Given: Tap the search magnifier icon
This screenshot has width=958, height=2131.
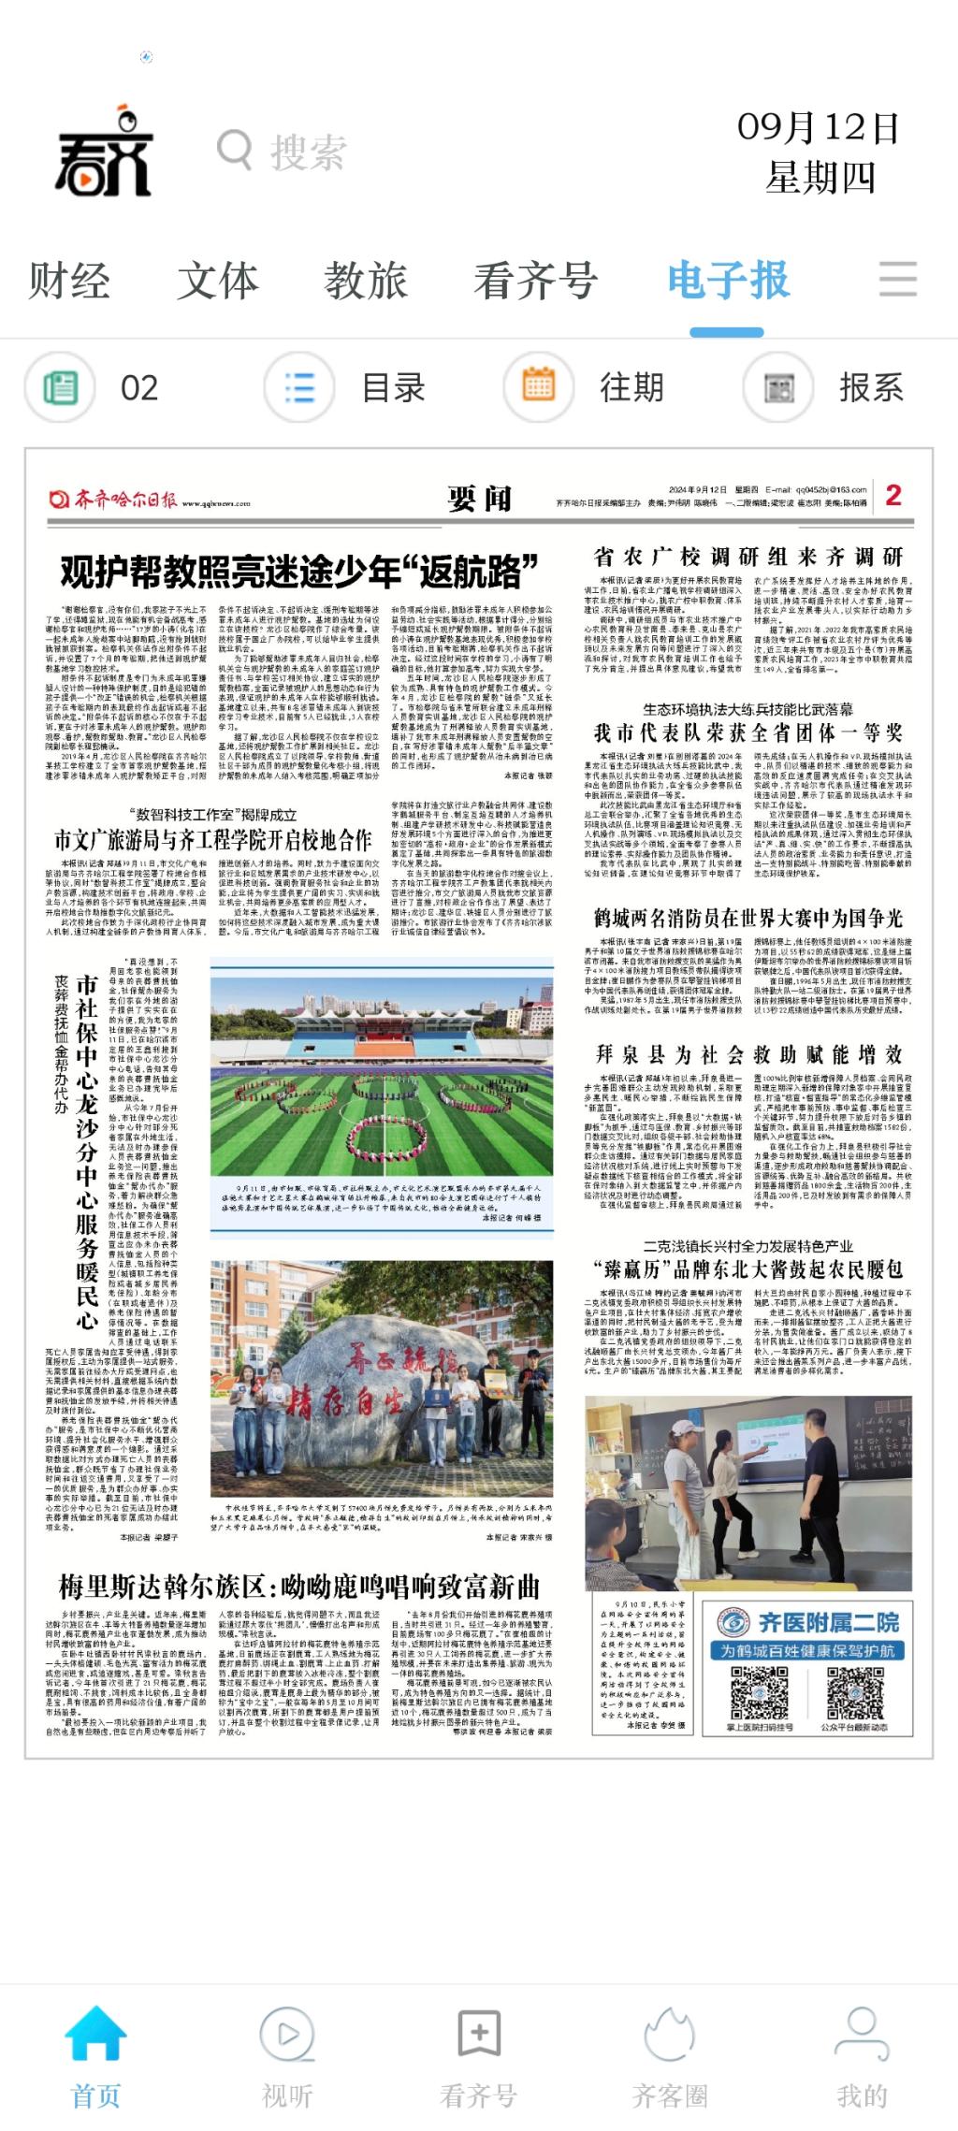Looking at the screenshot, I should click(234, 150).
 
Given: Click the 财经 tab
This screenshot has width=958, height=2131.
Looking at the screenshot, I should click(69, 281).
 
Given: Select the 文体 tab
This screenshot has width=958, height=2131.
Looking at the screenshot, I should click(217, 281).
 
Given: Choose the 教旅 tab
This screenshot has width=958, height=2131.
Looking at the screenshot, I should click(366, 281).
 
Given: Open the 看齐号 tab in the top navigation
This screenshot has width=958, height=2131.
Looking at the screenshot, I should click(535, 281).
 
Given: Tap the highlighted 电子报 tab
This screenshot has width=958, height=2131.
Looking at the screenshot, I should click(728, 281).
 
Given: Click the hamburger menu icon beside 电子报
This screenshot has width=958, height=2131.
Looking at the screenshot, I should click(898, 279).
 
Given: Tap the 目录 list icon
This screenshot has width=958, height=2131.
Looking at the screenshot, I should click(299, 387).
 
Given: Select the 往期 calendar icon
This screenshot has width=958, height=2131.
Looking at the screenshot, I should click(538, 386).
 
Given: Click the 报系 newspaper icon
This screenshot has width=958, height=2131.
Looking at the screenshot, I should click(777, 387).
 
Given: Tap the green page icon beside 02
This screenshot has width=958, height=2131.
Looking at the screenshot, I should click(60, 387).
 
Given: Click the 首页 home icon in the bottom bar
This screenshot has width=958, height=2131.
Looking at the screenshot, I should click(95, 2034).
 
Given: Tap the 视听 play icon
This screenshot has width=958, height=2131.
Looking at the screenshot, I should click(287, 2034).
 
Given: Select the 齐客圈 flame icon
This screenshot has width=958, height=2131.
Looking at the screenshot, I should click(670, 2034).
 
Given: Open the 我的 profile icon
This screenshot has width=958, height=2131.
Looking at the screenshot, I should click(862, 2034).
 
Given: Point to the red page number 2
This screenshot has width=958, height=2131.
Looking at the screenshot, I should click(893, 495).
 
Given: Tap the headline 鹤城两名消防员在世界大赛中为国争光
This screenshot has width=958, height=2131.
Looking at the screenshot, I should click(748, 918).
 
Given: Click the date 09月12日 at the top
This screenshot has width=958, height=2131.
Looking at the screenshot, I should click(819, 128).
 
